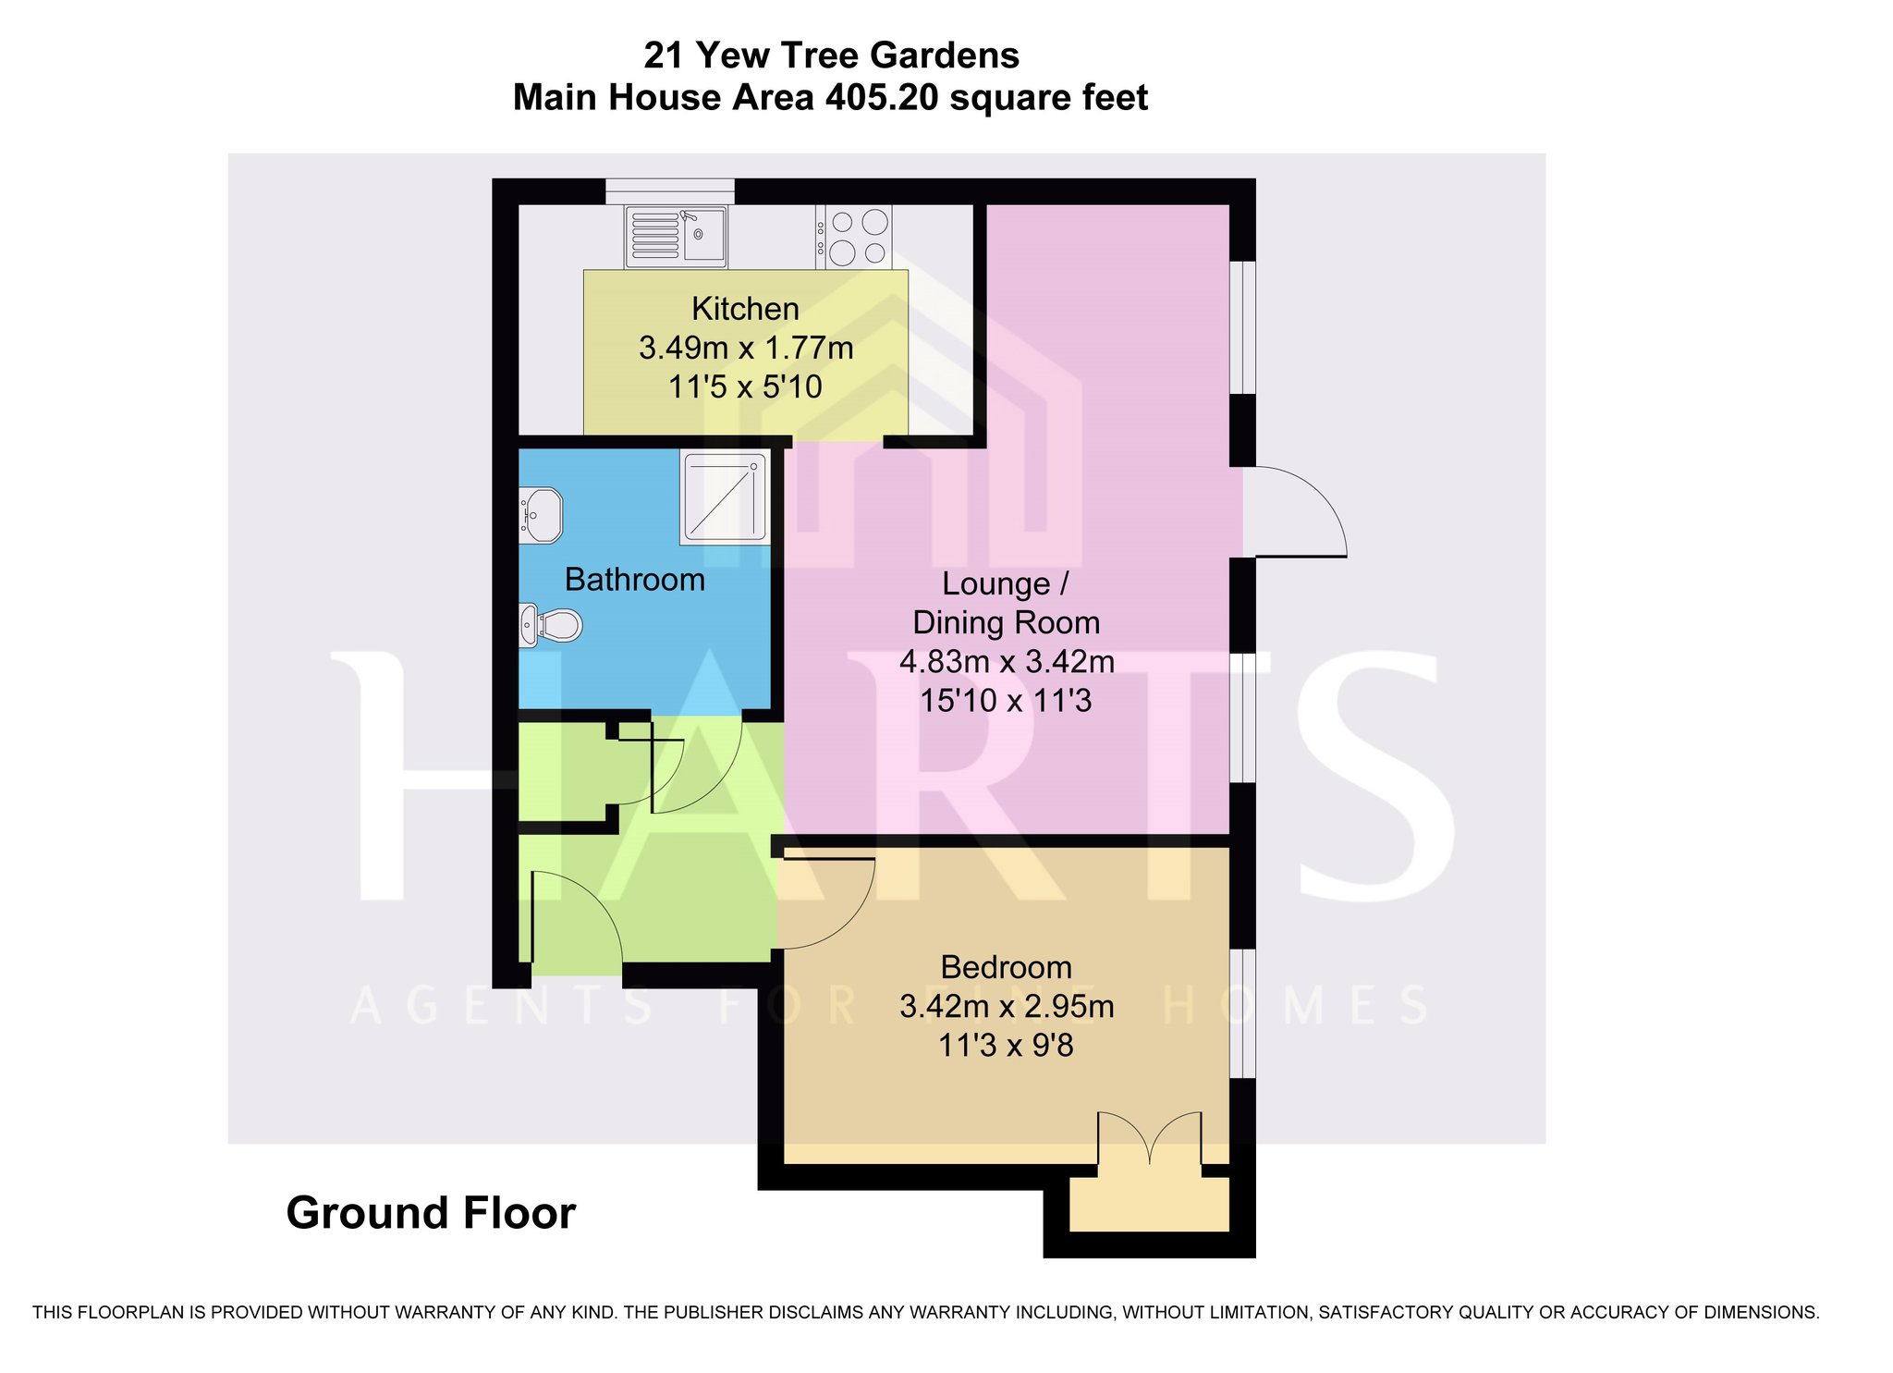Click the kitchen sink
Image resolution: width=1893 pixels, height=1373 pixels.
pos(676,236)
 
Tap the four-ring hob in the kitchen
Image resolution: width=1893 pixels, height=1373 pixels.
pos(853,236)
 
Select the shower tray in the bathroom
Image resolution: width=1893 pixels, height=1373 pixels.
pos(725,496)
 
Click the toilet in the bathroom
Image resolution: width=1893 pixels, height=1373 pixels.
pos(550,625)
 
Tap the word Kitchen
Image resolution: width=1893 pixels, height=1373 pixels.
pos(745,309)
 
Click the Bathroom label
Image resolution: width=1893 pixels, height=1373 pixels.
pos(634,580)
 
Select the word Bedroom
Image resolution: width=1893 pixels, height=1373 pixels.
pos(1007,967)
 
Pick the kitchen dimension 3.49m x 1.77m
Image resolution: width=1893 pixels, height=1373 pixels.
pos(746,349)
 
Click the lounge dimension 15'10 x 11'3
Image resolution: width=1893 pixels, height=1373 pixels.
pos(1006,701)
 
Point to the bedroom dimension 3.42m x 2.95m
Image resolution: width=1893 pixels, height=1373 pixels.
pos(1007,1006)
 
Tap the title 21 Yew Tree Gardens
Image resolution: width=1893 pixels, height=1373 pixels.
pos(831,55)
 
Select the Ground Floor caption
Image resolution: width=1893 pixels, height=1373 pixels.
pos(431,1213)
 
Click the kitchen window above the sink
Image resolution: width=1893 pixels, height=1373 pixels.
pos(669,191)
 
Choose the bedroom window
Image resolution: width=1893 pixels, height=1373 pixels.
pos(1242,1013)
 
